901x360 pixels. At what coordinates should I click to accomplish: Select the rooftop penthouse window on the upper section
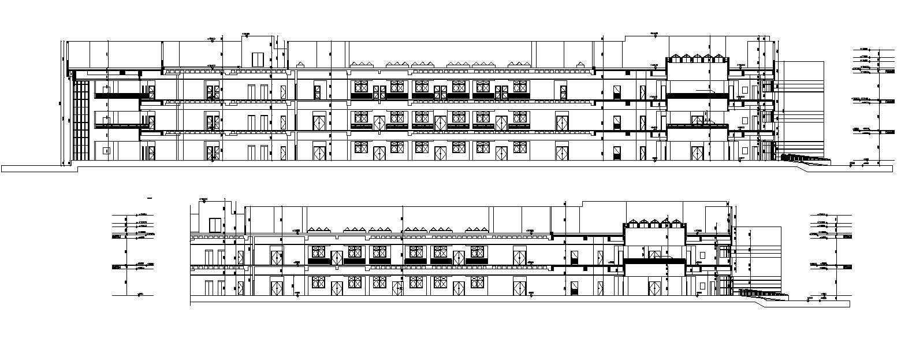click(x=258, y=58)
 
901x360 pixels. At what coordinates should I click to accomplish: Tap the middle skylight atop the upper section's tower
click(x=697, y=58)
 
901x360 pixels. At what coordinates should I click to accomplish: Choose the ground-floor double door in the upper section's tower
click(x=697, y=153)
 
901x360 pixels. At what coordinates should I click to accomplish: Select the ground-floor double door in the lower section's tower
click(x=655, y=287)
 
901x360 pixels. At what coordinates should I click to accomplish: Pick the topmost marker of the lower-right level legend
click(x=821, y=214)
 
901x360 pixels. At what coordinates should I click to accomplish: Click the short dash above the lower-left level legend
click(x=150, y=198)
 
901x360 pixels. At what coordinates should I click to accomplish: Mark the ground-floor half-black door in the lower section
click(x=574, y=289)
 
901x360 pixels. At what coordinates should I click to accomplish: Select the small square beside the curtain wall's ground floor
click(x=106, y=150)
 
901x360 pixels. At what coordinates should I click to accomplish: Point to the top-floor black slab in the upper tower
click(x=697, y=96)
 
